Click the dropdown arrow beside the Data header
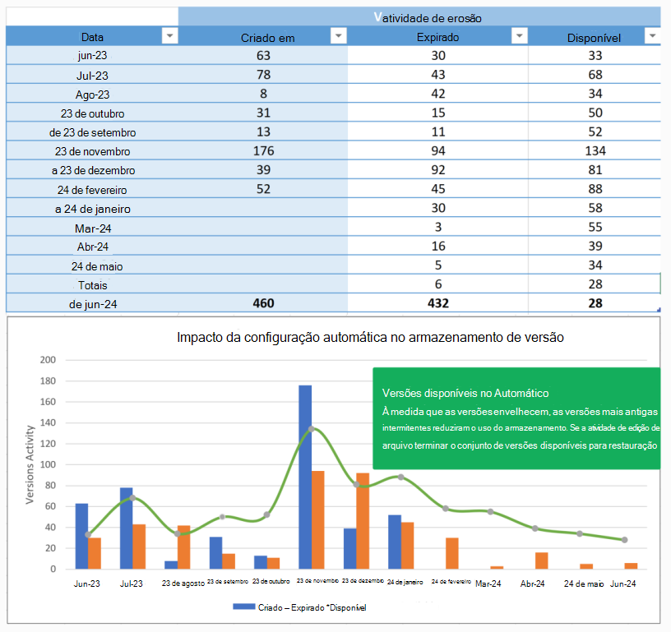pos(169,36)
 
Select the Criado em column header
pos(267,38)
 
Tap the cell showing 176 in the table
pos(263,150)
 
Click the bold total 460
pos(263,303)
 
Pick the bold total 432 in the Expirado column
pos(437,303)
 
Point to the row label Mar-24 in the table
pos(91,227)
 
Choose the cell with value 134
pos(595,150)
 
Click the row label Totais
pos(91,284)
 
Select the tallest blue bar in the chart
pos(305,477)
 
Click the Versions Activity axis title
pos(30,464)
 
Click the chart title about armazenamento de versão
pos(370,338)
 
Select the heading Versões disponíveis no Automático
pos(465,394)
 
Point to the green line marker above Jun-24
pos(625,540)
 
